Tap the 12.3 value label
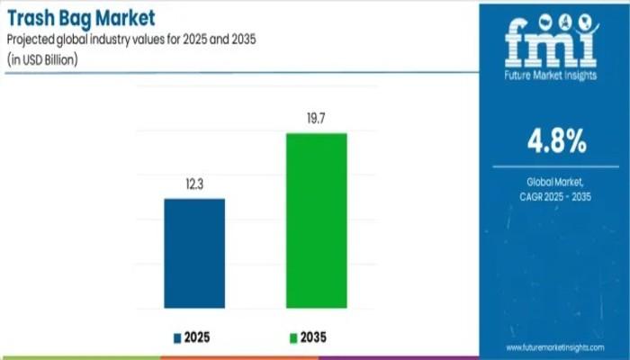193,185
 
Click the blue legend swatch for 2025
177,337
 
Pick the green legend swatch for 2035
292,337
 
